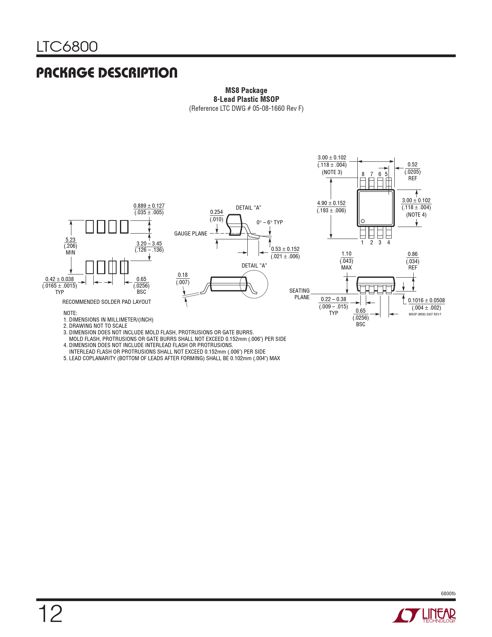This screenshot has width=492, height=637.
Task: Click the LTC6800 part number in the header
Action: coord(67,47)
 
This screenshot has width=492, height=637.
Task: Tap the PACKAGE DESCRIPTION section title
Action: coord(107,73)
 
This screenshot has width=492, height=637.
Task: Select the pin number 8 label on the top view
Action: coord(363,174)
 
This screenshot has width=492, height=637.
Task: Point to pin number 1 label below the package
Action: coord(362,242)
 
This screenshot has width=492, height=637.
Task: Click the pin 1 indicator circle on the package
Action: coord(362,221)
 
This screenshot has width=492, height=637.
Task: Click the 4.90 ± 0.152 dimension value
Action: coord(331,203)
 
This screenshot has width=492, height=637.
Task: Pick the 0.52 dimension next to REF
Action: coord(413,164)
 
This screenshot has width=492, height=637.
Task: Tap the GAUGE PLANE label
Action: coord(191,234)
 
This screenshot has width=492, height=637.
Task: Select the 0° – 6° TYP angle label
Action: coord(270,222)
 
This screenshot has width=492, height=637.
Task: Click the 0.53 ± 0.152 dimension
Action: coord(285,249)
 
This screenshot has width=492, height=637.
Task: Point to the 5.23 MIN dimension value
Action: coord(70,240)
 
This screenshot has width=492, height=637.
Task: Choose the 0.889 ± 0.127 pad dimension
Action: coord(149,206)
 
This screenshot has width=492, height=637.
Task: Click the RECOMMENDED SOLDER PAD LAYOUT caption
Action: coord(107,302)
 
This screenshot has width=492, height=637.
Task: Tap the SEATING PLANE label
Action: coord(300,294)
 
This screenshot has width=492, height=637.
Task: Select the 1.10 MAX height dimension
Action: coord(347,254)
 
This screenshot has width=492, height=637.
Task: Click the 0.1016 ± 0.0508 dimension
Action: coord(426,300)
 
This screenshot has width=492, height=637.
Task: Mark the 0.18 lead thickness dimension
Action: coord(183,275)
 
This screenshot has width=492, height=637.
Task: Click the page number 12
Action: coord(50,614)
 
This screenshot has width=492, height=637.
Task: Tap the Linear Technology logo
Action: coord(424,615)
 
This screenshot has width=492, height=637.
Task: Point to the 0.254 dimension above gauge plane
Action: coord(216,212)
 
